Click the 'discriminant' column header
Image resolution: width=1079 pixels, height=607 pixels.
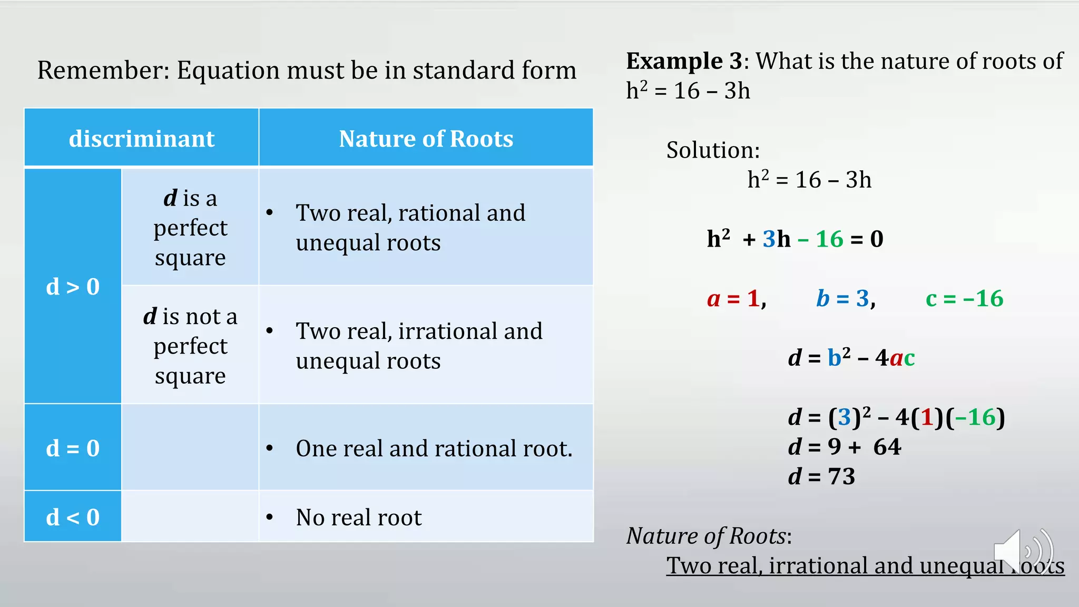[x=142, y=139]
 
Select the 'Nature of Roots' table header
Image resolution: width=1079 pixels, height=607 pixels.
[x=426, y=139]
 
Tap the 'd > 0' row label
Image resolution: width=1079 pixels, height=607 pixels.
[x=73, y=287]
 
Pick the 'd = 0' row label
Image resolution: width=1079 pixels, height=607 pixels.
[x=73, y=448]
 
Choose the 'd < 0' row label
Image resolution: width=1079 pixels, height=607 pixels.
[x=73, y=517]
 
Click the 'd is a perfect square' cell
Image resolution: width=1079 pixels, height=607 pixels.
[x=190, y=228]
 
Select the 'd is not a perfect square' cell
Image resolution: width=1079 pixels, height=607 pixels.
[x=190, y=346]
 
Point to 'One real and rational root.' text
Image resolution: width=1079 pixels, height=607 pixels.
[x=434, y=448]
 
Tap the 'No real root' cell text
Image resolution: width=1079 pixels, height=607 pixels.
[x=359, y=517]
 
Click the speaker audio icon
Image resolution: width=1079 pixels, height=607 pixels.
[x=1023, y=551]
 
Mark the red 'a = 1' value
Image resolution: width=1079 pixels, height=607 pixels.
[x=736, y=299]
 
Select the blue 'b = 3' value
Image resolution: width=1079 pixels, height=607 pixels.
[x=846, y=299]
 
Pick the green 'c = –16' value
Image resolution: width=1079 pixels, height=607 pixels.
[x=964, y=299]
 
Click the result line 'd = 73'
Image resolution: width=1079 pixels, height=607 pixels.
[x=821, y=476]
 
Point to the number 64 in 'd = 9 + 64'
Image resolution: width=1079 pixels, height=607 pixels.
[x=887, y=447]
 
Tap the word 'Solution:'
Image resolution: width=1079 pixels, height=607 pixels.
[x=713, y=150]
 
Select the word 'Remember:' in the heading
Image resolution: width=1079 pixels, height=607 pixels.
[x=103, y=70]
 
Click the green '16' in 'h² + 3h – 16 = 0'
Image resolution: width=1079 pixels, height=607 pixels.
[x=829, y=239]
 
